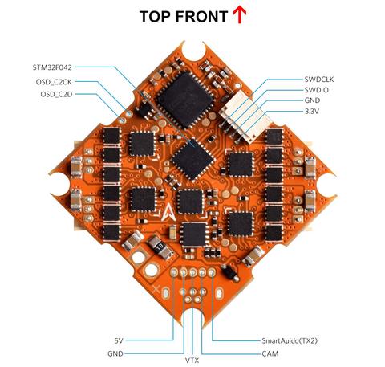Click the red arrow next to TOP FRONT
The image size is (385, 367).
coord(239,14)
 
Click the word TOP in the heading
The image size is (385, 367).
coord(156,16)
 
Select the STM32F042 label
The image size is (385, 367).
coord(52,67)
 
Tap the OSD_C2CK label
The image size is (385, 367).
coord(54,82)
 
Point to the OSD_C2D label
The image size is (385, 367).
coord(56,94)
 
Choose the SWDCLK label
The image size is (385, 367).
coord(319,80)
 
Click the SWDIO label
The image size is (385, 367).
coord(317,90)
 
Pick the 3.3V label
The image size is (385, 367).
coord(312,111)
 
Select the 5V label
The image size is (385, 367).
coord(119,340)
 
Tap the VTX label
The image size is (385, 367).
coord(192,361)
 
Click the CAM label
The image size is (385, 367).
coord(270,353)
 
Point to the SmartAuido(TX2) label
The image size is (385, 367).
coord(290,340)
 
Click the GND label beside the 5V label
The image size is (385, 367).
coord(115,353)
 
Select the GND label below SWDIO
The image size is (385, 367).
coord(312,100)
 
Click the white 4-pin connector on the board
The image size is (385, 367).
coord(244,117)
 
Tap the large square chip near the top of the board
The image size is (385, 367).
coord(185,100)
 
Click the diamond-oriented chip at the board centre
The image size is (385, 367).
coord(192,159)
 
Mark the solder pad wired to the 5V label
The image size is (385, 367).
coord(174,272)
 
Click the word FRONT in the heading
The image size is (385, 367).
coord(202,16)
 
